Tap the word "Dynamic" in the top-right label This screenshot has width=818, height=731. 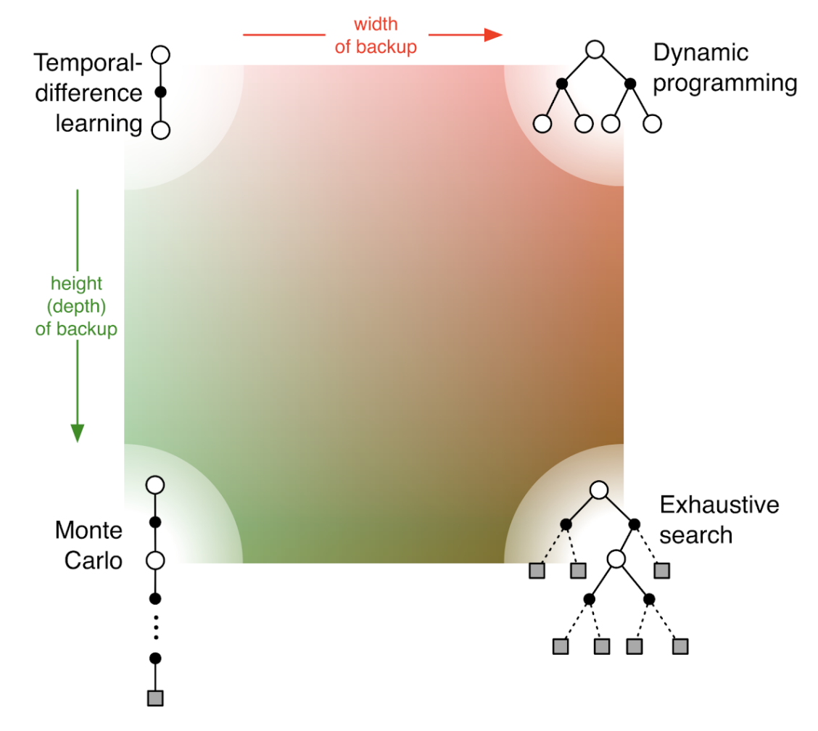pyautogui.click(x=690, y=53)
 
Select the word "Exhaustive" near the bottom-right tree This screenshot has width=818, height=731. pyautogui.click(x=719, y=504)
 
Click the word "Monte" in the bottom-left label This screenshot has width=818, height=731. pyautogui.click(x=88, y=530)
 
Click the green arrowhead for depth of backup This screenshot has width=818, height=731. pyautogui.click(x=77, y=432)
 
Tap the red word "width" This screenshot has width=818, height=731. pyautogui.click(x=376, y=25)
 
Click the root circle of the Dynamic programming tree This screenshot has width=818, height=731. pyautogui.click(x=595, y=49)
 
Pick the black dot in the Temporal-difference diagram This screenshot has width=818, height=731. pyautogui.click(x=161, y=92)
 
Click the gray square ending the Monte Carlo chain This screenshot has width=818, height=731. pyautogui.click(x=154, y=698)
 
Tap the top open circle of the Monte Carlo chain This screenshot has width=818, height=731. pyautogui.click(x=154, y=485)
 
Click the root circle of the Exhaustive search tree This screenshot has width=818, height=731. pyautogui.click(x=598, y=490)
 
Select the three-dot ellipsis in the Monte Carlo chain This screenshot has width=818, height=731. pyautogui.click(x=154, y=627)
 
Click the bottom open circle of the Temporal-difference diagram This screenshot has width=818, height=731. pyautogui.click(x=161, y=130)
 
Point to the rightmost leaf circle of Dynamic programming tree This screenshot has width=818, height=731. pyautogui.click(x=652, y=123)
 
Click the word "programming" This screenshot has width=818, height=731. pyautogui.click(x=724, y=83)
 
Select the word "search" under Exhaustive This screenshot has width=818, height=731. pyautogui.click(x=696, y=535)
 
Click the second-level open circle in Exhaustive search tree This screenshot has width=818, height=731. pyautogui.click(x=616, y=558)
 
